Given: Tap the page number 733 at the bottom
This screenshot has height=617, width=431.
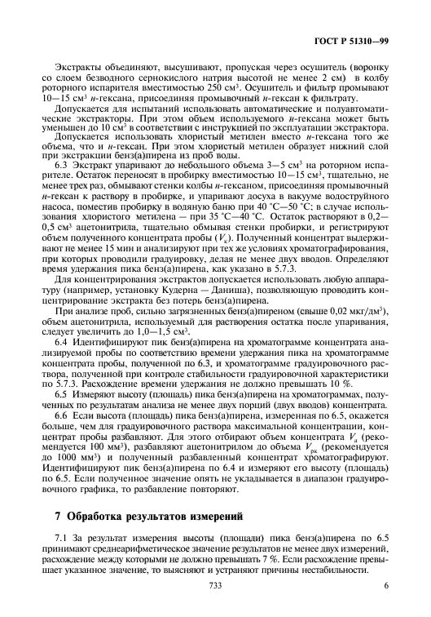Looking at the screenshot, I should coord(215,585).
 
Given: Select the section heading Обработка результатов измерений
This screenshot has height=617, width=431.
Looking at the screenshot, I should coord(156,517).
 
